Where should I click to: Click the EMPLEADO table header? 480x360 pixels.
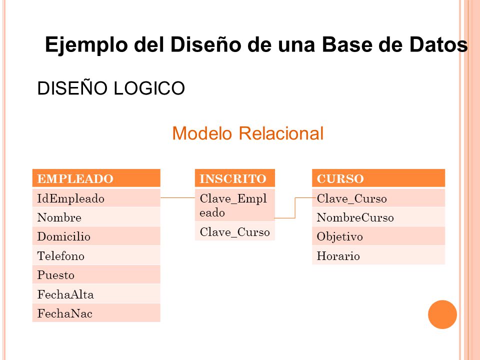(96, 178)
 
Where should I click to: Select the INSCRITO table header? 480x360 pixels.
(234, 178)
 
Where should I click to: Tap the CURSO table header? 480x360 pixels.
(378, 178)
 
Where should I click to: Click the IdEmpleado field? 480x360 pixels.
(96, 198)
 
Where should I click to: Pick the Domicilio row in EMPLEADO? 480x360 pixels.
(96, 236)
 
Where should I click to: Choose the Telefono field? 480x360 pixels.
(96, 256)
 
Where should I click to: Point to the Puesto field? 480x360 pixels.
(96, 275)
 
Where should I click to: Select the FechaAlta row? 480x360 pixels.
(96, 294)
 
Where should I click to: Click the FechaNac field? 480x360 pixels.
(96, 313)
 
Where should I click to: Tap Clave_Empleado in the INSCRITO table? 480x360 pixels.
(234, 205)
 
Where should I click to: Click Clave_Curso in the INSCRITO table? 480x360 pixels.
(234, 232)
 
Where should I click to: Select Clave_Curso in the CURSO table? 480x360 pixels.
(378, 198)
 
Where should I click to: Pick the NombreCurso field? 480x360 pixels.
(378, 217)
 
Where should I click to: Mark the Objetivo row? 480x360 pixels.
(378, 236)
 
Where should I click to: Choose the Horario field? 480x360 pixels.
(378, 256)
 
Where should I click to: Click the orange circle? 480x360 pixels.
(442, 314)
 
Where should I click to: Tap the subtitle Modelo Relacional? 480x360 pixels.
(247, 133)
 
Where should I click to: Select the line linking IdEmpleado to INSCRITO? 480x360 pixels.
(177, 198)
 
